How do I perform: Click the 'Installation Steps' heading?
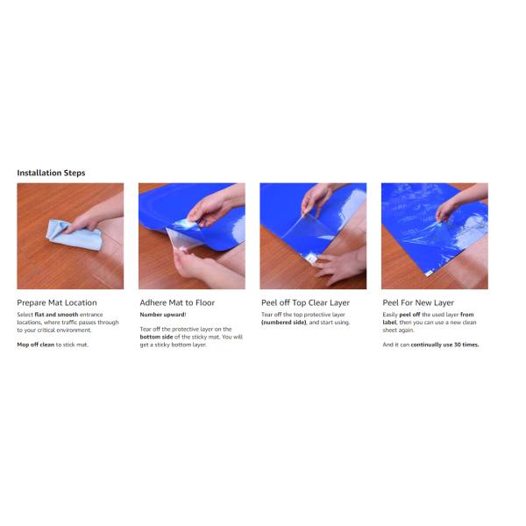[x=51, y=173]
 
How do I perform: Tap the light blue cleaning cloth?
[x=75, y=233]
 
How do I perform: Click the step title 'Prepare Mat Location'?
[x=57, y=302]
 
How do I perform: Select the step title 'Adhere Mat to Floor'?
[x=177, y=302]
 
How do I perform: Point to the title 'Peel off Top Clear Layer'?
[x=305, y=302]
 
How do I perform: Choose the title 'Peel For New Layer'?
[x=422, y=302]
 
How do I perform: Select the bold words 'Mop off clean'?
[x=35, y=345]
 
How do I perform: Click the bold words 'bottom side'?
[x=158, y=337]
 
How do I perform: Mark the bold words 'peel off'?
[x=410, y=314]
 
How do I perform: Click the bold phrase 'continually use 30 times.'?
[x=447, y=345]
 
